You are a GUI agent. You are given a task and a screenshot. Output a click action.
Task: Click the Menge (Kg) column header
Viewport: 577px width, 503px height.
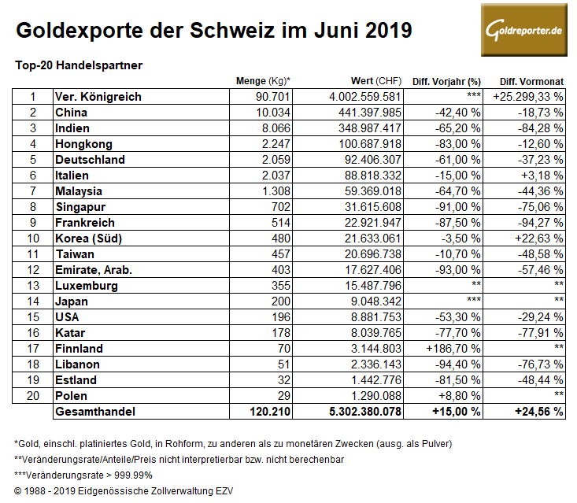click(x=263, y=81)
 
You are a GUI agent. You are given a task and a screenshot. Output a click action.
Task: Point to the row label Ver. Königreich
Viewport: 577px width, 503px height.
click(x=98, y=97)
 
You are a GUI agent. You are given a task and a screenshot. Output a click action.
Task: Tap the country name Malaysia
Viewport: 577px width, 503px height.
click(x=80, y=191)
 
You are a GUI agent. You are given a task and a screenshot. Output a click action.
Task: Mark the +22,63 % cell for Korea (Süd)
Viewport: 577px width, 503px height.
click(x=534, y=239)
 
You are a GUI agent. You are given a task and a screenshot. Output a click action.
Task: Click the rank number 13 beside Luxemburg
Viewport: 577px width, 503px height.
click(x=33, y=286)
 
